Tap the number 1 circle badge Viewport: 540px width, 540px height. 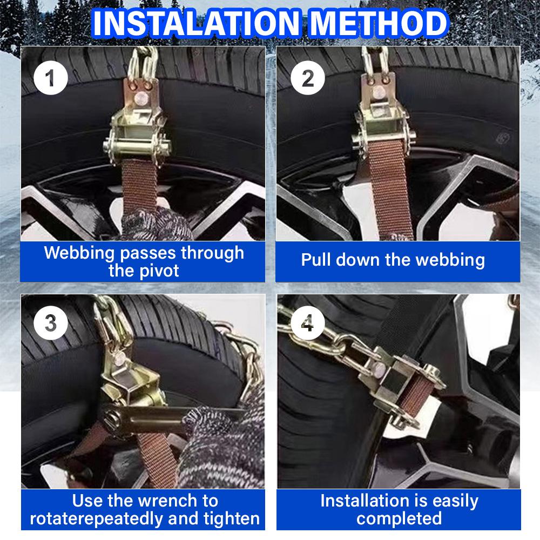coord(50,79)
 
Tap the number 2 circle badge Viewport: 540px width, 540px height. coord(307,79)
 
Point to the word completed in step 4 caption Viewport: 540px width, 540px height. coord(399,519)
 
